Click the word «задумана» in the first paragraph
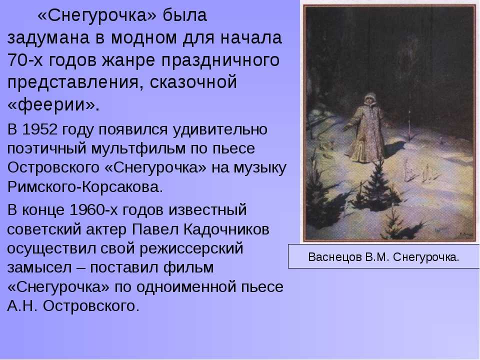coord(48,38)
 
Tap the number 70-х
coord(25,60)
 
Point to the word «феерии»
coord(51,105)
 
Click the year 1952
coord(39,129)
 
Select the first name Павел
coord(155,229)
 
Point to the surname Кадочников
coord(226,229)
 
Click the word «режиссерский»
coord(191,249)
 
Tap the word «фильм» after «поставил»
coord(188,267)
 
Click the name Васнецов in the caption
coord(334,257)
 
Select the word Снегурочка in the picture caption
coord(426,257)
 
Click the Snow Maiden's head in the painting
coord(370,99)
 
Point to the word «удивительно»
coord(220,130)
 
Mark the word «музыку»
coord(260,168)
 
